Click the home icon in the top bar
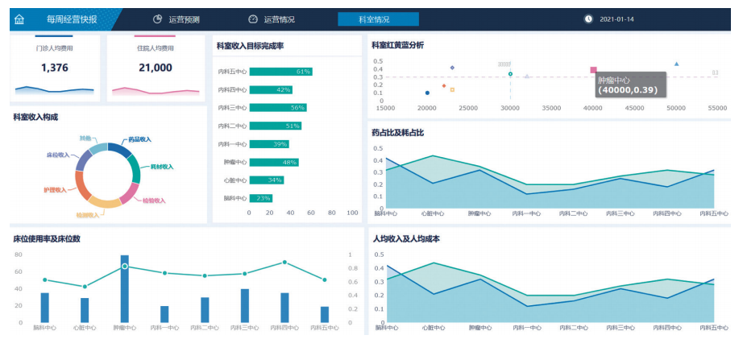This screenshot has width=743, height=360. point(19,19)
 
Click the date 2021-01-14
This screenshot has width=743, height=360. point(616,19)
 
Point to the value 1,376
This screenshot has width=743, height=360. point(54,68)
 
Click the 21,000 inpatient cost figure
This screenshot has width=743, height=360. point(156,68)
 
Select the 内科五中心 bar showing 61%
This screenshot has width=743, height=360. point(280,72)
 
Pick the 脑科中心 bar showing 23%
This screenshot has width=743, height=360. point(261,197)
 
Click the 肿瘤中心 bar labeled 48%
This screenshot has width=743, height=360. point(274,162)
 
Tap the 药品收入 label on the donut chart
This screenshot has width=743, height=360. point(139,139)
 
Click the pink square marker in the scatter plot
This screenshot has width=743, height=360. point(594,71)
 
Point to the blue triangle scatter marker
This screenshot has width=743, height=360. point(676,64)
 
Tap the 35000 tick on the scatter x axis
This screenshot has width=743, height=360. point(551,107)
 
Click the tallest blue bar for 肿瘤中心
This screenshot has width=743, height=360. point(125,290)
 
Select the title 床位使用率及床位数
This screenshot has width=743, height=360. point(47,239)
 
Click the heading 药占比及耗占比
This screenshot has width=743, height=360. point(397,132)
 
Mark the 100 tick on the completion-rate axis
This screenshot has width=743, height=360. point(352,213)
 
